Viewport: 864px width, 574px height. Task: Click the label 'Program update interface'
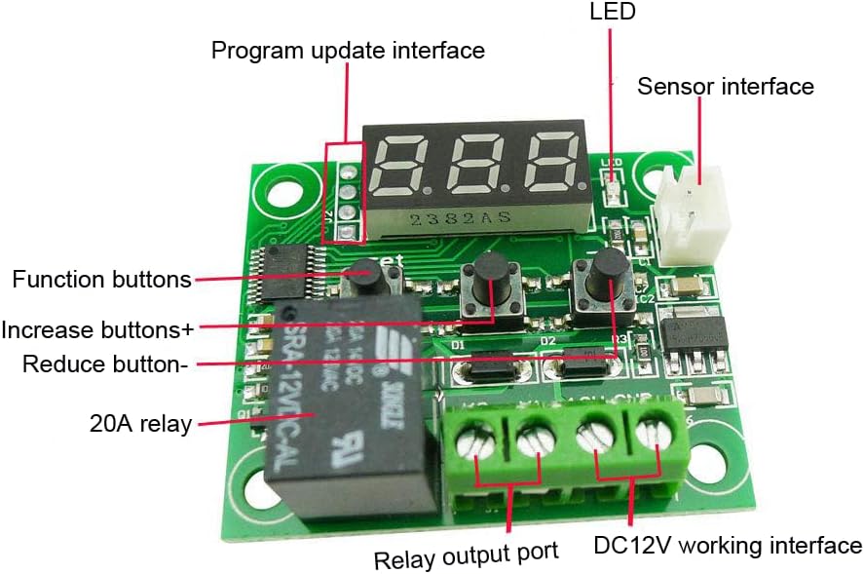[x=348, y=50]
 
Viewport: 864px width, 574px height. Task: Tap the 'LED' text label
[x=613, y=13]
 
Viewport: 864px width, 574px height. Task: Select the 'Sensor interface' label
[x=725, y=87]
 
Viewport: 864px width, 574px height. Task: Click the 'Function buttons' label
[x=101, y=281]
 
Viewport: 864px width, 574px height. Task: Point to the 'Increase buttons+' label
[x=97, y=329]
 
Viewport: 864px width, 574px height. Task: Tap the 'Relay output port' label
[x=466, y=555]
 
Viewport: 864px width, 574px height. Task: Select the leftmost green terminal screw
[x=475, y=443]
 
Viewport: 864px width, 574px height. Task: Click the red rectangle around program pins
[x=344, y=192]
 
